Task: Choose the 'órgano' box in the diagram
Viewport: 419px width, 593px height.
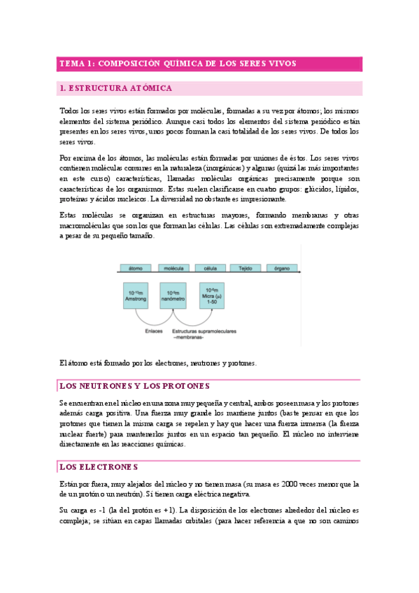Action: pos(281,268)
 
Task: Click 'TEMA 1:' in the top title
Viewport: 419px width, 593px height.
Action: pos(76,64)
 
